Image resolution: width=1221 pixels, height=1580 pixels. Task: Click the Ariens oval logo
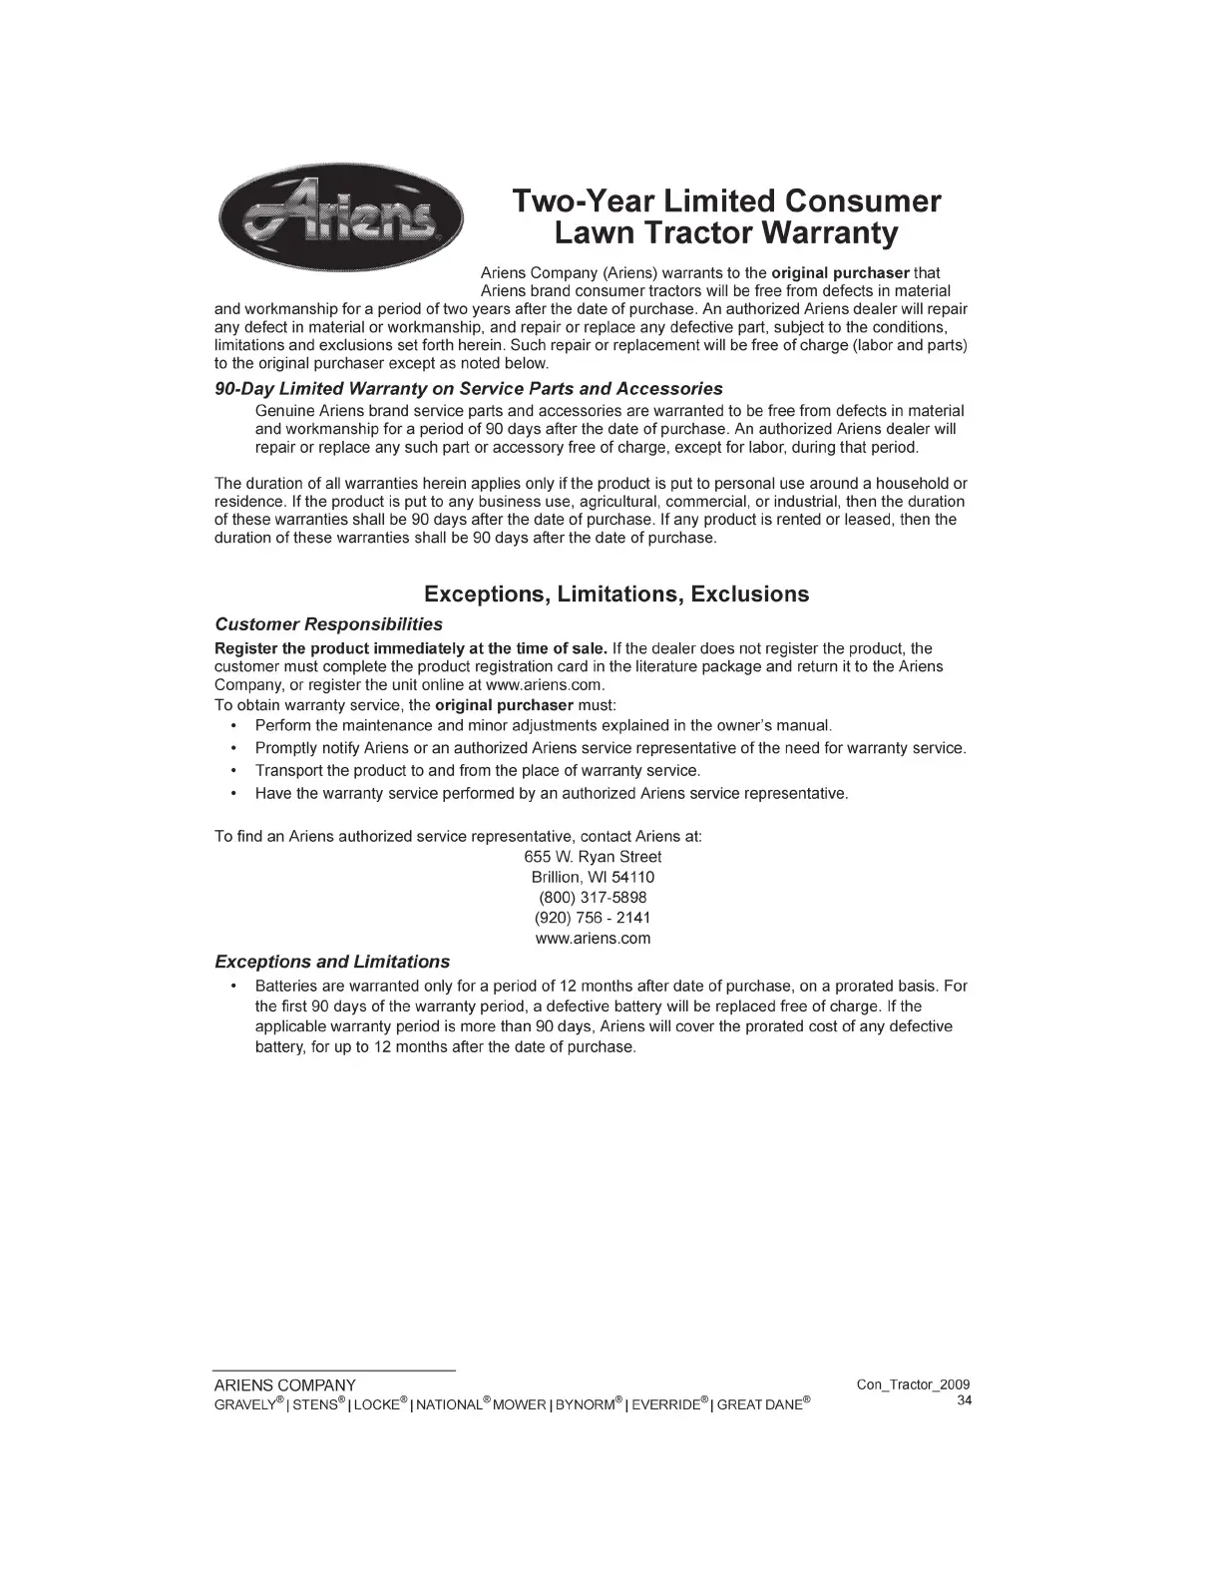point(339,216)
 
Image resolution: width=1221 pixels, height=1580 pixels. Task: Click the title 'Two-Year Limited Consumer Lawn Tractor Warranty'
point(725,217)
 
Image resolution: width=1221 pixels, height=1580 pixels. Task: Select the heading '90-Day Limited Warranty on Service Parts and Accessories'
point(469,388)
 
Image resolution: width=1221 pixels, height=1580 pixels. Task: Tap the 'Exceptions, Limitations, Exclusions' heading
point(616,594)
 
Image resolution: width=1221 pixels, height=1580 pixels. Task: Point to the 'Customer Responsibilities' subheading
point(329,624)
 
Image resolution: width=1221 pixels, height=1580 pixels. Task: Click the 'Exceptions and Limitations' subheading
point(332,962)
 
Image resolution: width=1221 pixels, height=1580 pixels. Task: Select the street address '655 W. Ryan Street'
point(593,857)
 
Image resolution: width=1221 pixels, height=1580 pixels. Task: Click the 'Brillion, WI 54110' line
point(593,877)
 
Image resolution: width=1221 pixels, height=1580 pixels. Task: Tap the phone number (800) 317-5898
point(593,898)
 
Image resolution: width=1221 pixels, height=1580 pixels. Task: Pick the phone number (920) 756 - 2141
point(593,918)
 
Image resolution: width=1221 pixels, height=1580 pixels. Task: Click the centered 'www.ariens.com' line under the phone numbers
point(593,939)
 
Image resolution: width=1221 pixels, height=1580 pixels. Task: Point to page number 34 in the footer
point(964,1400)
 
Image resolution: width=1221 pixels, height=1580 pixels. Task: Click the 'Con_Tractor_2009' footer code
point(913,1384)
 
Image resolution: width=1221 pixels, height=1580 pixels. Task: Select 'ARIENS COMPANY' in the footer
point(285,1385)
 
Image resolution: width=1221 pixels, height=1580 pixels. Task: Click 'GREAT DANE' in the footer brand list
point(759,1404)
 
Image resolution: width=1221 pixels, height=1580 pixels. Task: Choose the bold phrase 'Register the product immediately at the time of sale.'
point(411,648)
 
